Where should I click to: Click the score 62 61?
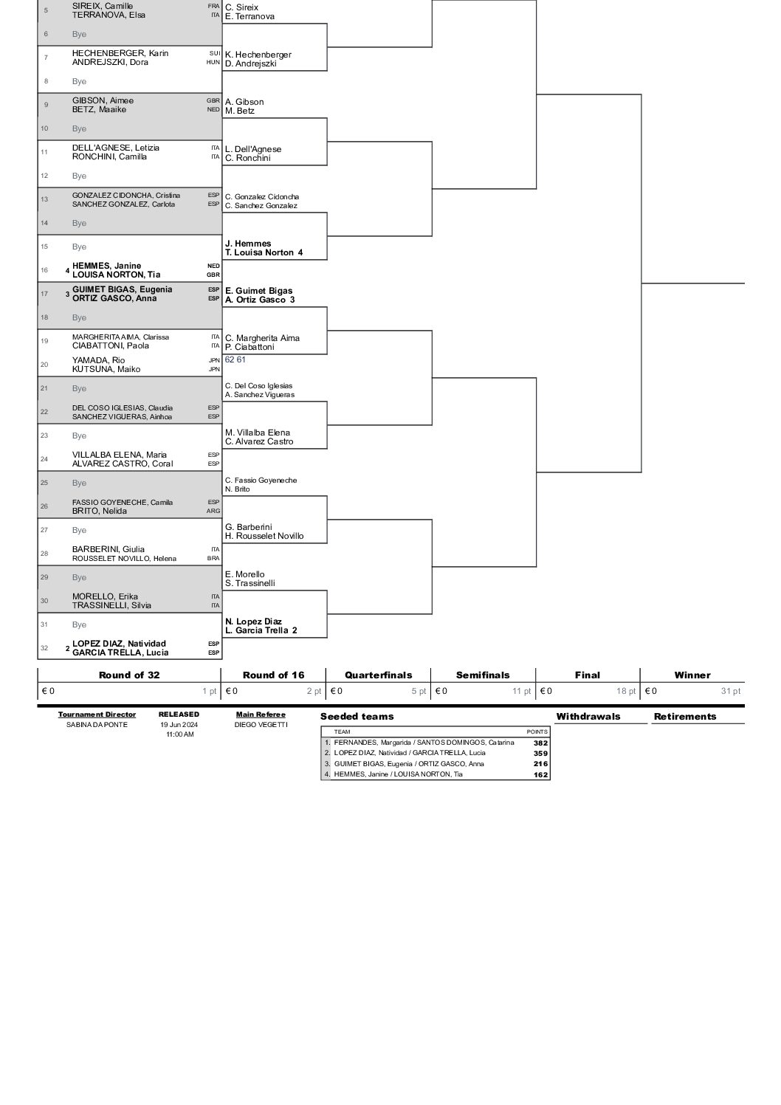[x=235, y=359]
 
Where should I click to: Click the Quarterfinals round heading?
[x=378, y=675]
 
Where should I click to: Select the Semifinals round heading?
[x=483, y=675]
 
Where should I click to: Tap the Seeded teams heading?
[x=357, y=716]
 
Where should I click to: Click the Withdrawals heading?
[x=588, y=716]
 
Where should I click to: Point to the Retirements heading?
[x=685, y=716]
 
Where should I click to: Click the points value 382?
[x=540, y=743]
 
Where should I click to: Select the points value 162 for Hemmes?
[x=540, y=774]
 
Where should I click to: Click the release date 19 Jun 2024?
[x=179, y=725]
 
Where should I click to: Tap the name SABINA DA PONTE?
[x=97, y=725]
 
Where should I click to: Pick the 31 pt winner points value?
[x=730, y=692]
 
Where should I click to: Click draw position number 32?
[x=44, y=648]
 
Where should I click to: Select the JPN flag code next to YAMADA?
[x=214, y=360]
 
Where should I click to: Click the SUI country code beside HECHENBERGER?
[x=214, y=53]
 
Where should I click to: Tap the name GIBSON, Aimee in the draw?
[x=103, y=100]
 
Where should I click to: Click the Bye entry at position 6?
[x=79, y=34]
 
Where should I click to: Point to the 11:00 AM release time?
[x=179, y=734]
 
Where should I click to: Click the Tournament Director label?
[x=97, y=715]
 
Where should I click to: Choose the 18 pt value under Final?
[x=626, y=692]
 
